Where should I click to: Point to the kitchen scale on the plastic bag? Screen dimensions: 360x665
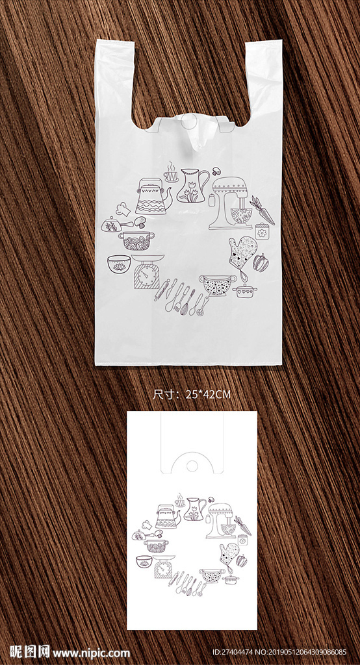click(147, 271)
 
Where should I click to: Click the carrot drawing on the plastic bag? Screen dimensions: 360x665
click(262, 210)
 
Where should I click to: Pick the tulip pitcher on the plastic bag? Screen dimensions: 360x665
click(192, 185)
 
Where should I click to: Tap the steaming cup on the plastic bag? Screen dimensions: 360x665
click(171, 171)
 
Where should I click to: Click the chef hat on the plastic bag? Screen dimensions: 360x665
click(123, 208)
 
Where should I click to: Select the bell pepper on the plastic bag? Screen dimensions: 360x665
click(261, 262)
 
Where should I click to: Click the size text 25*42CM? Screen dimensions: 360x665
click(209, 394)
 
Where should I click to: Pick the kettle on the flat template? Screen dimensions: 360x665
click(167, 516)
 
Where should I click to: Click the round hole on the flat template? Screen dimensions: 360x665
click(192, 465)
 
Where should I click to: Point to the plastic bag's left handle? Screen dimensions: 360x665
click(115, 81)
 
